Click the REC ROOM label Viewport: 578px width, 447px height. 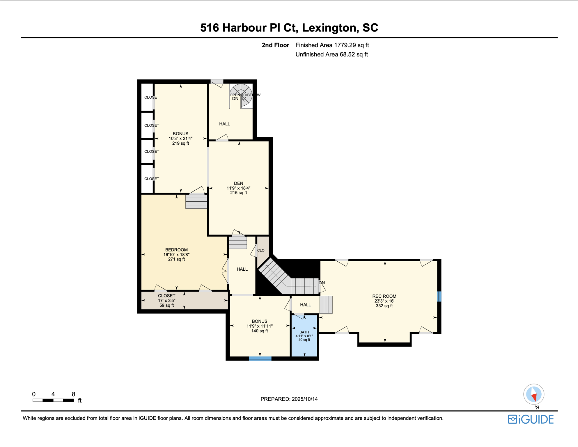[x=384, y=296]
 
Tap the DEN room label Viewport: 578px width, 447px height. [x=238, y=183]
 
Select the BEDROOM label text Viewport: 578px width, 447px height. [x=176, y=250]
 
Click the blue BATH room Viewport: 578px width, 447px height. [x=304, y=336]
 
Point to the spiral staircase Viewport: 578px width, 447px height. [x=241, y=95]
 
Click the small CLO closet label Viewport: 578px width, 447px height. [x=261, y=250]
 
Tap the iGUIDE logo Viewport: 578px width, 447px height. [x=531, y=419]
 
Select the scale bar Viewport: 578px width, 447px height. [x=53, y=400]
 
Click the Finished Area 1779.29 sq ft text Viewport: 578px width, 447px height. [x=332, y=45]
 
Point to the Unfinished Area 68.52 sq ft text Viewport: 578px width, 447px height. [x=331, y=54]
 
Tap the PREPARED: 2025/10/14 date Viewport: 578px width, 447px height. [x=289, y=399]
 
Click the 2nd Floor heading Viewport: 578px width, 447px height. [x=275, y=45]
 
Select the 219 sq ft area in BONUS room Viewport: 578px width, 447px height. [x=180, y=143]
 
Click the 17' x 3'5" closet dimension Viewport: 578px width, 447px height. [x=167, y=301]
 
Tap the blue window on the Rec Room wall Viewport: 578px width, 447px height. [x=439, y=297]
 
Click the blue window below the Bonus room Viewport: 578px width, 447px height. [x=260, y=359]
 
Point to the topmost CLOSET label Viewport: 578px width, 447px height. [x=152, y=97]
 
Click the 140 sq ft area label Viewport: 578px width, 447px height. [x=260, y=331]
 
